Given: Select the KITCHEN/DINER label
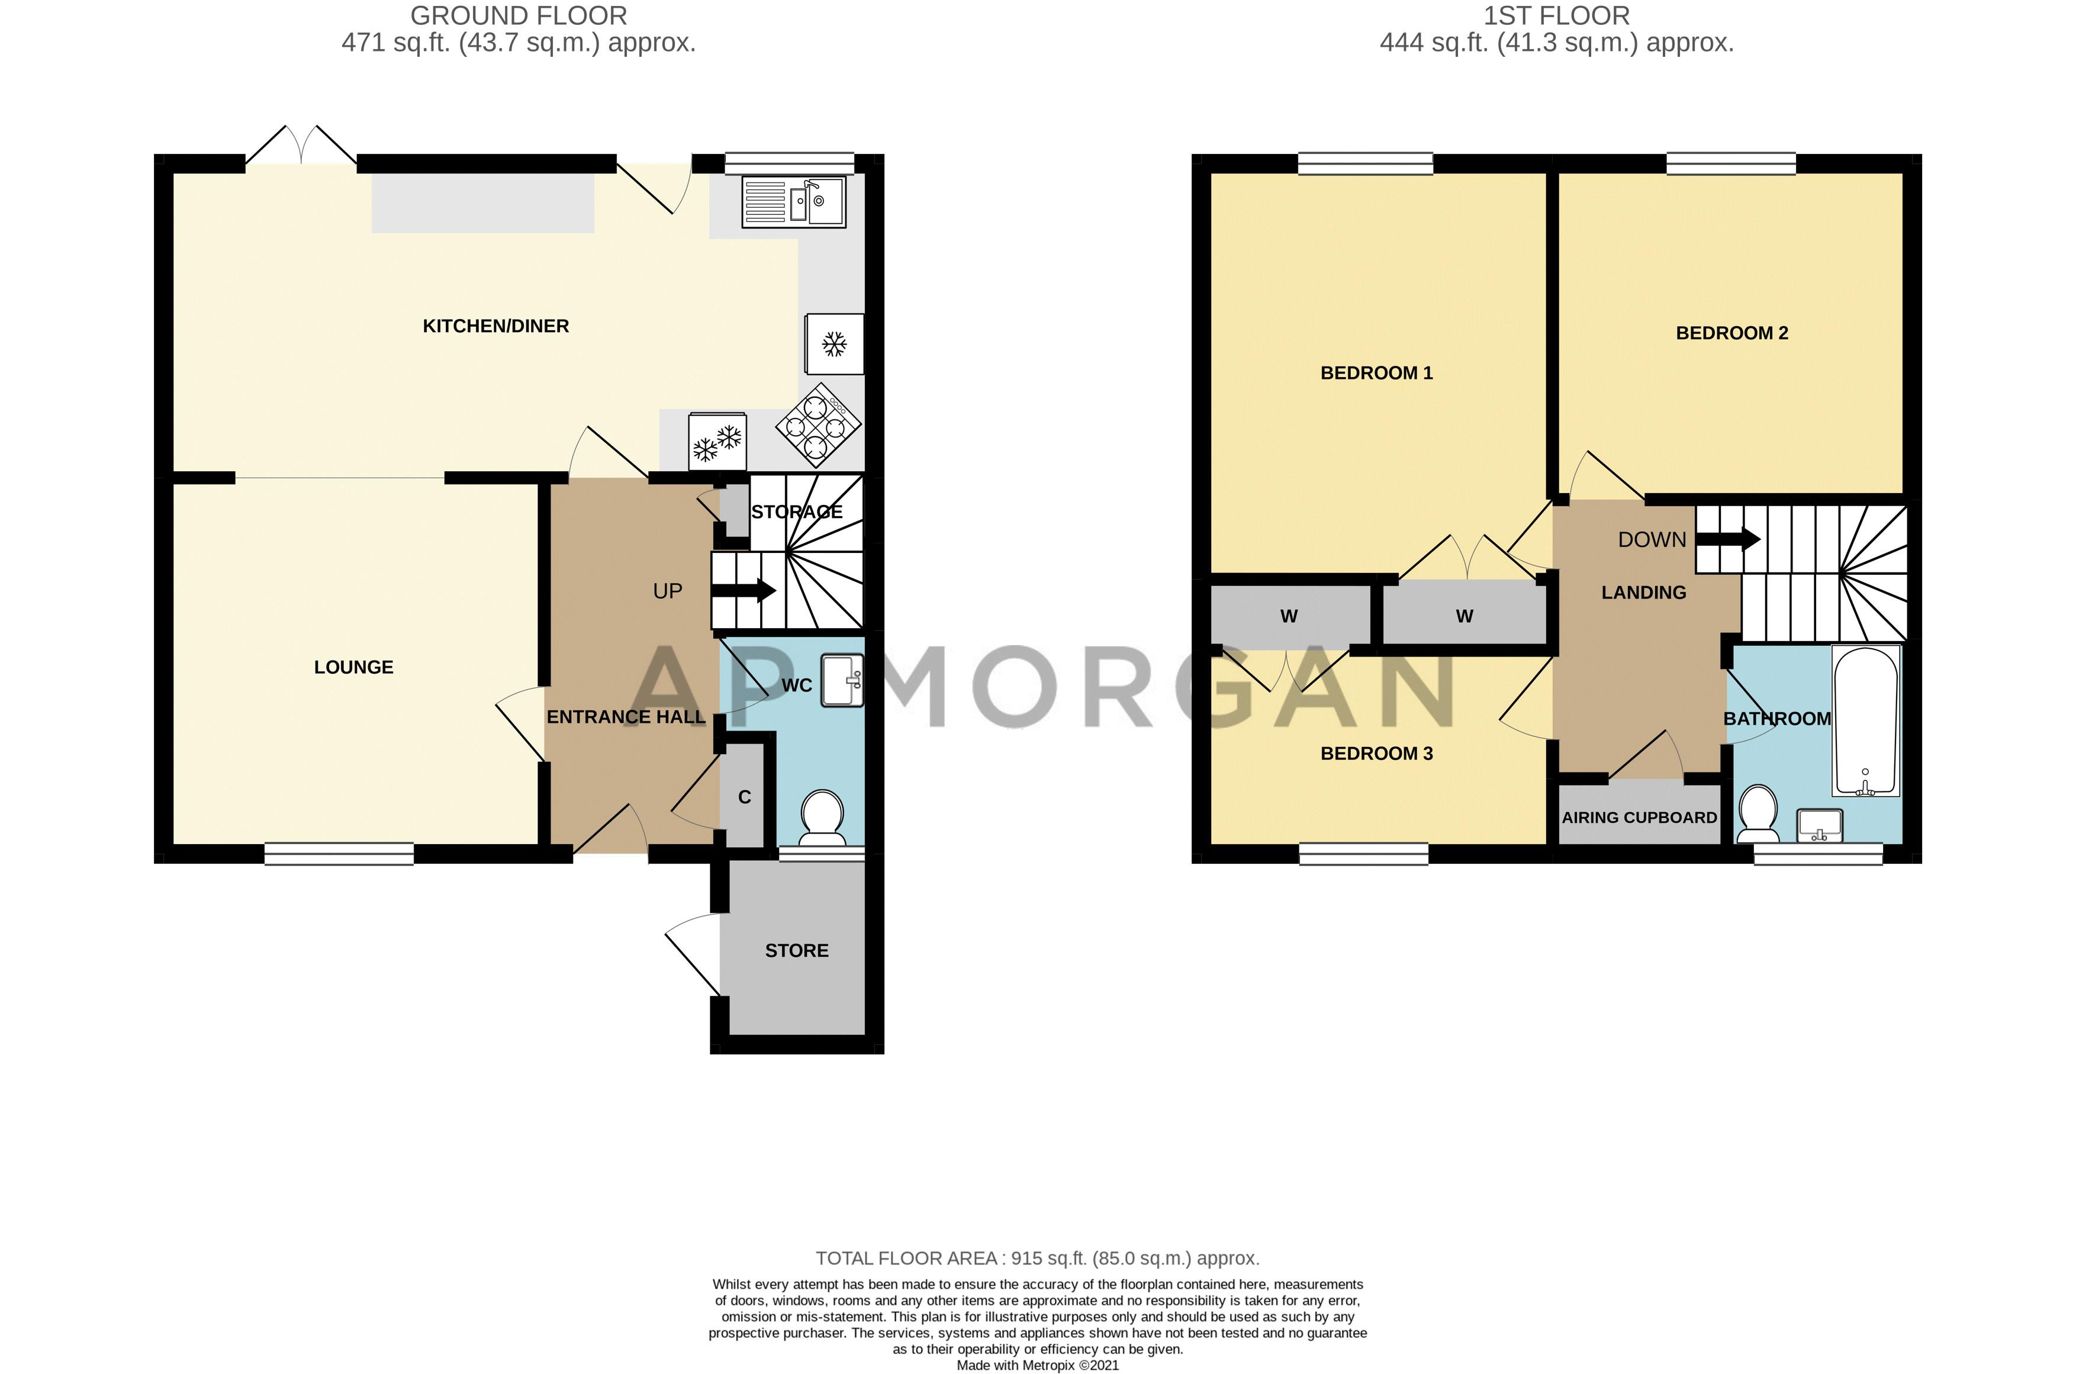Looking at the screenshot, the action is pyautogui.click(x=496, y=326).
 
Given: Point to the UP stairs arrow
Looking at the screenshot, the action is pyautogui.click(x=743, y=591).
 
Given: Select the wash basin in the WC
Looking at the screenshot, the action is pyautogui.click(x=842, y=681).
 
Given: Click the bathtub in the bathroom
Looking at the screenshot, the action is pyautogui.click(x=1866, y=720).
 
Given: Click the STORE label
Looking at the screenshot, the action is pyautogui.click(x=797, y=951).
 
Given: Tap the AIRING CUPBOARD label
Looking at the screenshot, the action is pyautogui.click(x=1640, y=818).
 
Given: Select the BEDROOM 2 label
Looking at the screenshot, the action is pyautogui.click(x=1731, y=333).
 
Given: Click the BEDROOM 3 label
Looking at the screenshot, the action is pyautogui.click(x=1377, y=754).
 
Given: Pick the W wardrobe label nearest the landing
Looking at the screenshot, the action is pyautogui.click(x=1465, y=616).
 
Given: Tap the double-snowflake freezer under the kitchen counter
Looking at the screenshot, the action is pyautogui.click(x=717, y=442).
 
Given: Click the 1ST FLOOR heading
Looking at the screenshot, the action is pyautogui.click(x=1556, y=16).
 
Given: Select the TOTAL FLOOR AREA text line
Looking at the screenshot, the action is pyautogui.click(x=1038, y=1259).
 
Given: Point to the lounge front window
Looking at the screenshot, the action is pyautogui.click(x=339, y=854).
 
